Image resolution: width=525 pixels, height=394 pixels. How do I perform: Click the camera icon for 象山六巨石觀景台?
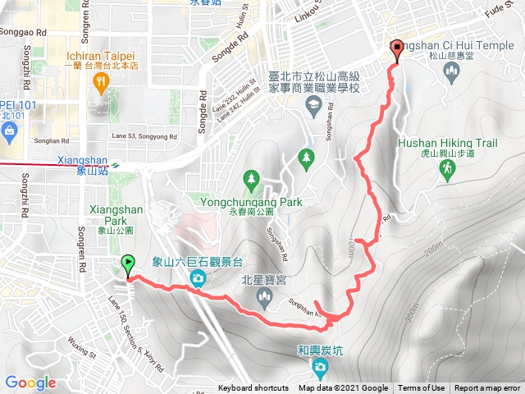click(x=198, y=280)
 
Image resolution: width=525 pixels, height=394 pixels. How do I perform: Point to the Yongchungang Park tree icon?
click(x=251, y=177)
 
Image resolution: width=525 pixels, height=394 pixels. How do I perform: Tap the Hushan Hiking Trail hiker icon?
click(x=447, y=169)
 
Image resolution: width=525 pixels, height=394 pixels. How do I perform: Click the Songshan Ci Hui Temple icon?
click(x=450, y=72)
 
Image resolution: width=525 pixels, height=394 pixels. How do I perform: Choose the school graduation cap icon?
click(x=313, y=104)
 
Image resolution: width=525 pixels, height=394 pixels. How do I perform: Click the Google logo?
click(x=30, y=383)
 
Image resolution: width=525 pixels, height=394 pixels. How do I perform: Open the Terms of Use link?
click(x=421, y=388)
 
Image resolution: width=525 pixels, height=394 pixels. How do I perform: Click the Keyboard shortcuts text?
click(x=253, y=388)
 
